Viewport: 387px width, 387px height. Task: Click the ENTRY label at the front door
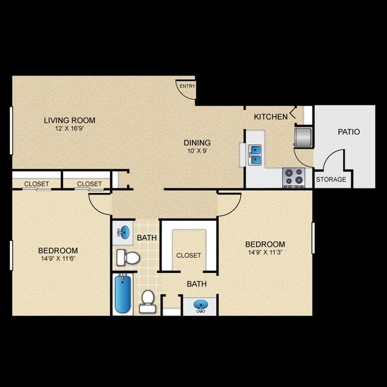pyautogui.click(x=187, y=86)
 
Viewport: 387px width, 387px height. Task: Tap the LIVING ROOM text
pyautogui.click(x=70, y=120)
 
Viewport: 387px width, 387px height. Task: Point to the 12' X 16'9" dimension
pyautogui.click(x=70, y=129)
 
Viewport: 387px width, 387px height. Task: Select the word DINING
pyautogui.click(x=197, y=142)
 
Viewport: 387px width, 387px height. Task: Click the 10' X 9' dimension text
pyautogui.click(x=197, y=151)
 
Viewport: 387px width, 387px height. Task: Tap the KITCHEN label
pyautogui.click(x=270, y=117)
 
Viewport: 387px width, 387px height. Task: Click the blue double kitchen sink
pyautogui.click(x=255, y=154)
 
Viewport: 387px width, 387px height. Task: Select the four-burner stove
pyautogui.click(x=293, y=177)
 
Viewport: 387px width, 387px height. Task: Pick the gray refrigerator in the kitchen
pyautogui.click(x=303, y=136)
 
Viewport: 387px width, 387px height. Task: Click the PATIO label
pyautogui.click(x=348, y=132)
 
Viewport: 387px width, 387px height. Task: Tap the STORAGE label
pyautogui.click(x=331, y=179)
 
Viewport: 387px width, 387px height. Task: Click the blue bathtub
pyautogui.click(x=122, y=294)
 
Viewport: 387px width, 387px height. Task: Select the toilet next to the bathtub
pyautogui.click(x=147, y=301)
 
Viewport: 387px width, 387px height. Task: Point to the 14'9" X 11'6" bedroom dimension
pyautogui.click(x=58, y=258)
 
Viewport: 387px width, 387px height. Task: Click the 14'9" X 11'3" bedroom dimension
pyautogui.click(x=265, y=252)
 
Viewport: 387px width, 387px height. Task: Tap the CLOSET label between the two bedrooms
pyautogui.click(x=188, y=255)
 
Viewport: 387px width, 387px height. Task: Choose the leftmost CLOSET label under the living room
pyautogui.click(x=36, y=184)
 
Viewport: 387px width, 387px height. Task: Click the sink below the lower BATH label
pyautogui.click(x=202, y=307)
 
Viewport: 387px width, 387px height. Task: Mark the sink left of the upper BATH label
pyautogui.click(x=123, y=232)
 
